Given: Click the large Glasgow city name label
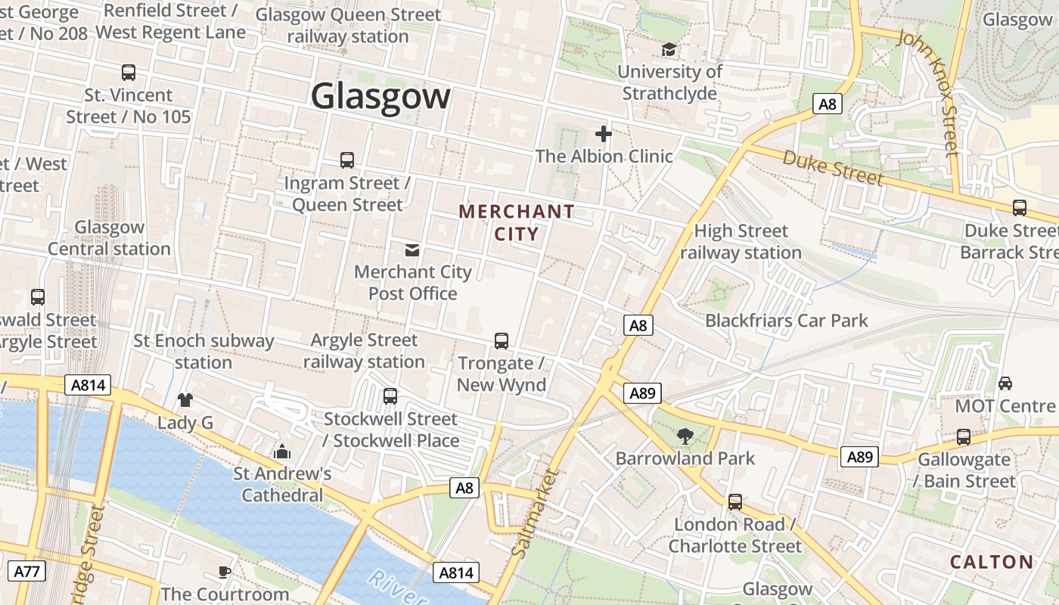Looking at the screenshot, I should coord(380,97).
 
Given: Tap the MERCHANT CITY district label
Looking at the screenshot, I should coord(517,222).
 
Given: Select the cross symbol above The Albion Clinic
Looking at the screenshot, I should coord(603,135).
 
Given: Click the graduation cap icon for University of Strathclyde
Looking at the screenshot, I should coord(669,50).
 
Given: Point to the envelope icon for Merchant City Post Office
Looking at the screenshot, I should coord(412,250).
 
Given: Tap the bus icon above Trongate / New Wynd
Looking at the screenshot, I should coord(501,341).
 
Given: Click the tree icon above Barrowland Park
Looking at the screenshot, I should coord(685,436).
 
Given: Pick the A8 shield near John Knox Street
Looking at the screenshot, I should coord(828,104).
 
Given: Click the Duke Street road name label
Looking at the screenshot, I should coord(832,168).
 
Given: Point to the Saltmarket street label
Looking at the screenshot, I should coord(535,513).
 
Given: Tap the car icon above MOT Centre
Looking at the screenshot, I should coord(1005,383).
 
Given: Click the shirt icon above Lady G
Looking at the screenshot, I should coord(185,399).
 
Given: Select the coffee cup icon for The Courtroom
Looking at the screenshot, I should coord(224,571).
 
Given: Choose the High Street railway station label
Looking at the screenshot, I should coord(741,242).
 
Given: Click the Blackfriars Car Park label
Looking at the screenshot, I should coord(786,321).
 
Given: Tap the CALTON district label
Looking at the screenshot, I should coord(991,562).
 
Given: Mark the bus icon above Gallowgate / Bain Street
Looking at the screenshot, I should coord(963,436).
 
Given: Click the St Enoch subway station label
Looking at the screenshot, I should coord(203,351).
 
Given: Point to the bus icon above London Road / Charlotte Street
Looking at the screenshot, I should coord(734,501).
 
